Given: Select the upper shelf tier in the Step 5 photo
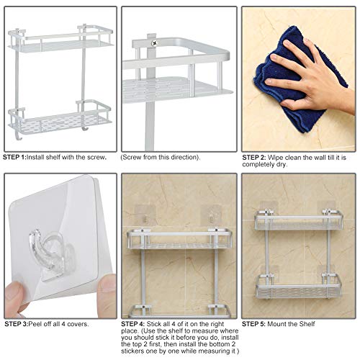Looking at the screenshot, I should (298, 221).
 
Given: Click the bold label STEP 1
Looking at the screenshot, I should (14, 156).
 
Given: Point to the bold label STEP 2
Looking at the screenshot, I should (253, 156).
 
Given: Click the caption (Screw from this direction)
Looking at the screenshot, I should (160, 156).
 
